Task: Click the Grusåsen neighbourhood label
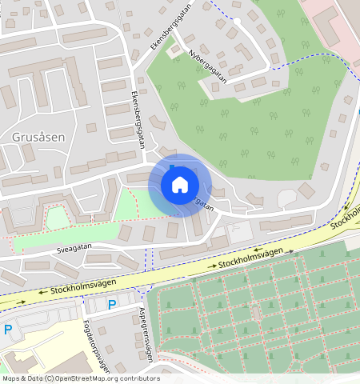tap(38, 137)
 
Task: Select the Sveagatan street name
tap(75, 249)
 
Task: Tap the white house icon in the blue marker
tap(179, 185)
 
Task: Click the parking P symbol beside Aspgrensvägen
tap(112, 304)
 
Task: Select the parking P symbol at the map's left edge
tap(8, 330)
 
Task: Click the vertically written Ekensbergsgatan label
tap(136, 119)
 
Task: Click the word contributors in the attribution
tap(136, 378)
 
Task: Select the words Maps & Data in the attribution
tap(22, 378)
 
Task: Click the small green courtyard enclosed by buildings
tap(56, 218)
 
